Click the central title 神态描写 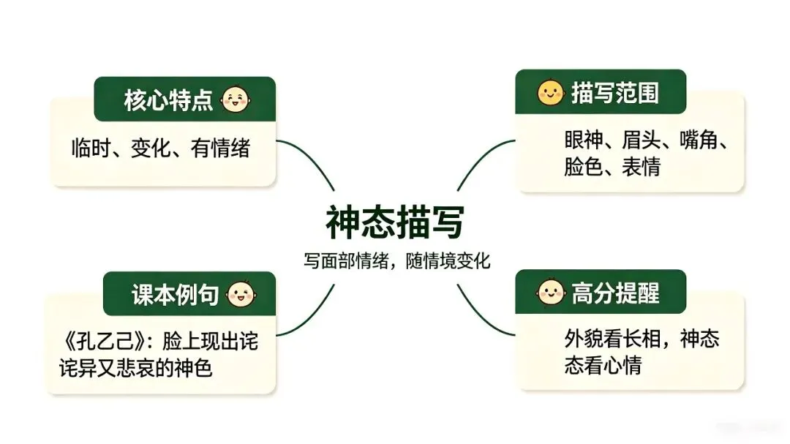[x=395, y=222]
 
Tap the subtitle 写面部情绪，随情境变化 [x=396, y=260]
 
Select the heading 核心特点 [x=168, y=99]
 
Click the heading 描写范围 [x=615, y=93]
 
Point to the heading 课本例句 [x=175, y=294]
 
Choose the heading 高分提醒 [x=615, y=293]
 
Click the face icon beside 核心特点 [x=236, y=99]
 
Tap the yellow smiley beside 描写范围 [x=550, y=92]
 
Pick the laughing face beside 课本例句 [x=241, y=293]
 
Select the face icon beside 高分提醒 [x=550, y=292]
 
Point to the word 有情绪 [x=220, y=148]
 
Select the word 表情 [x=641, y=167]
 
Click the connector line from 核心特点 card [x=309, y=158]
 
